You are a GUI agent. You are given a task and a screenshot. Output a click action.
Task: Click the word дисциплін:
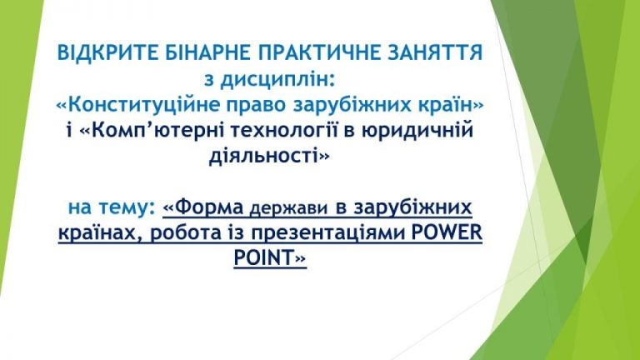click(x=277, y=79)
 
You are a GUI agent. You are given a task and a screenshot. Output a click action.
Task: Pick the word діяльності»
click(x=268, y=156)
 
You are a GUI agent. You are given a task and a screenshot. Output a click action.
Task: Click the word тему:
click(x=130, y=207)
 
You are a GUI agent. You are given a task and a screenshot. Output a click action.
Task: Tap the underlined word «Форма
click(x=203, y=207)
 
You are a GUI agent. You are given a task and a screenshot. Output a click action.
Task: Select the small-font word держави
click(x=288, y=208)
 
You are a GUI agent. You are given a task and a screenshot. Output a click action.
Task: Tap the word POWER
click(x=447, y=233)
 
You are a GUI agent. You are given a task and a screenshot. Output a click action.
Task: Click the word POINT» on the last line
click(x=270, y=258)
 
